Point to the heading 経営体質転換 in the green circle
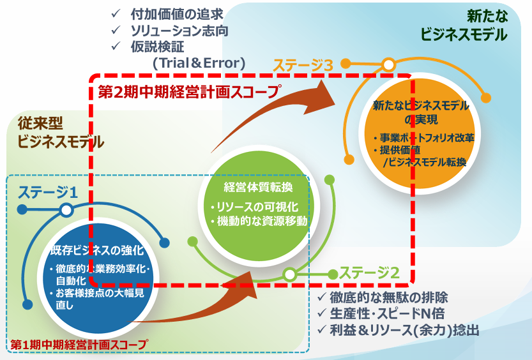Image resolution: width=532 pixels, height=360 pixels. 259,187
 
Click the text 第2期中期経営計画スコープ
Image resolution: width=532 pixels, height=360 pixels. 189,91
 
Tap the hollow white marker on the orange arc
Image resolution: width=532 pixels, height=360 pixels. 388,64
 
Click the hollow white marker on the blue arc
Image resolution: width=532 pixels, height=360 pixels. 66,210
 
